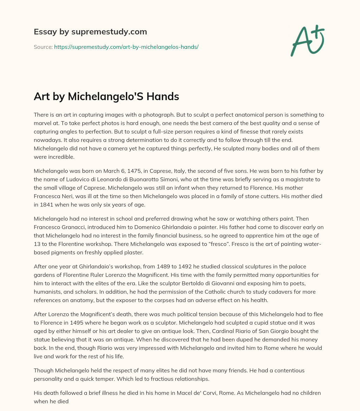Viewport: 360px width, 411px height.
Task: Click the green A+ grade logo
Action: tap(307, 40)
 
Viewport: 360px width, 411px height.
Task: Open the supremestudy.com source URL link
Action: tap(126, 47)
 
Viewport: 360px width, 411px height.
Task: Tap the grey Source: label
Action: tap(43, 47)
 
